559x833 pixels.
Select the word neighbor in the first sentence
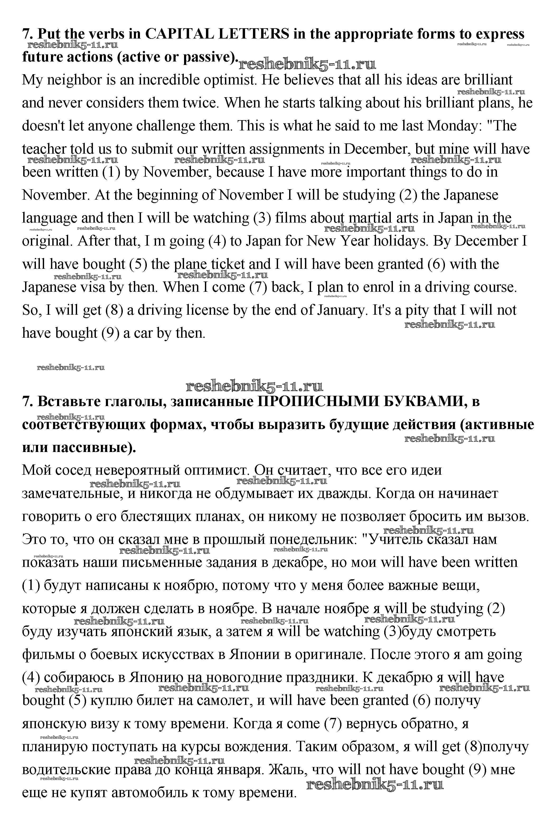(74, 80)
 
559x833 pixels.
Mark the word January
(341, 310)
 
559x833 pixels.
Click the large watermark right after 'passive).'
(307, 64)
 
